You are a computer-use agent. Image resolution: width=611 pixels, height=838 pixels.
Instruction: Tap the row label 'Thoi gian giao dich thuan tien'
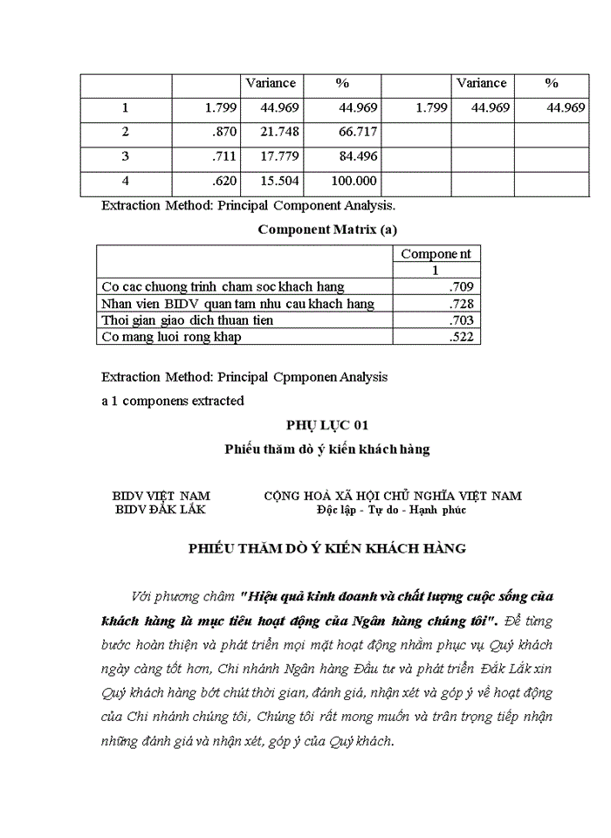pos(188,320)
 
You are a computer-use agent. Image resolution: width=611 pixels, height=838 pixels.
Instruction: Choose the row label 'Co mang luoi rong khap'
pos(171,337)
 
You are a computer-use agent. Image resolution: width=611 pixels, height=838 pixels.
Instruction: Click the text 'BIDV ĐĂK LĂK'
pos(161,510)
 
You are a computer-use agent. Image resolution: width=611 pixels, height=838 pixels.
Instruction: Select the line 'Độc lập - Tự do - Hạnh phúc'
pos(392,510)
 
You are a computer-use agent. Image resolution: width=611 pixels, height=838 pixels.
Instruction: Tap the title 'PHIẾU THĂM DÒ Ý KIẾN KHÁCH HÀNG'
pos(327,549)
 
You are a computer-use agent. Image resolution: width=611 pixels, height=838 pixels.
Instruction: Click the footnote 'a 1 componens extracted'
pos(173,401)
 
